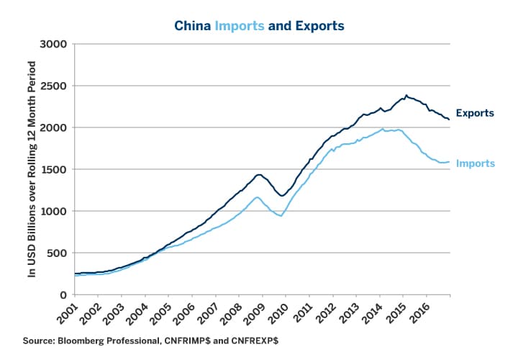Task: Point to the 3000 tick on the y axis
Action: point(53,45)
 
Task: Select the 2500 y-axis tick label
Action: point(53,86)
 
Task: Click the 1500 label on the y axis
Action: point(53,170)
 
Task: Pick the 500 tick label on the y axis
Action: point(56,253)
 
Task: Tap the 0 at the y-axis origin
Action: point(63,295)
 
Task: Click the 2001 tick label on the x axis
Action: point(68,311)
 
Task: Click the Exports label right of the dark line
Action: point(475,114)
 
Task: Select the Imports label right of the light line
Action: point(476,164)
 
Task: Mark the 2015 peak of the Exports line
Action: point(406,95)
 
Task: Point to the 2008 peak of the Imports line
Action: point(256,197)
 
